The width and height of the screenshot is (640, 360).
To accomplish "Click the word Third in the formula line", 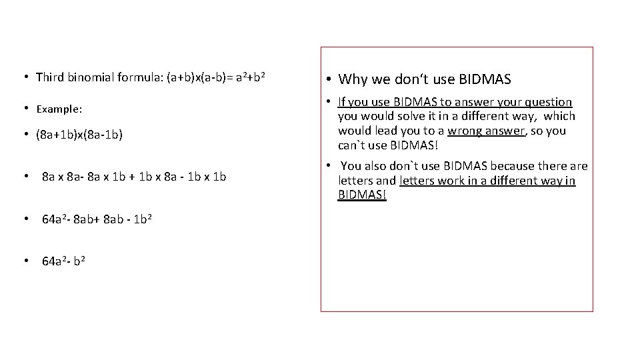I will tap(49, 77).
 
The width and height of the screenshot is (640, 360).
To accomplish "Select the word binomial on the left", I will tap(89, 77).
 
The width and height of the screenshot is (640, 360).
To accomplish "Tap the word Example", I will tap(58, 108).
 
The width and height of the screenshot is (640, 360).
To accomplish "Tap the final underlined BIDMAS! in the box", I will tap(362, 195).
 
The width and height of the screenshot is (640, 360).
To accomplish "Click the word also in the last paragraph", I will tap(379, 166).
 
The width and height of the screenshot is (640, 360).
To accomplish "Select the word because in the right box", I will tap(511, 166).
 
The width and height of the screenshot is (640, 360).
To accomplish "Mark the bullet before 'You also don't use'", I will tap(329, 166).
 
